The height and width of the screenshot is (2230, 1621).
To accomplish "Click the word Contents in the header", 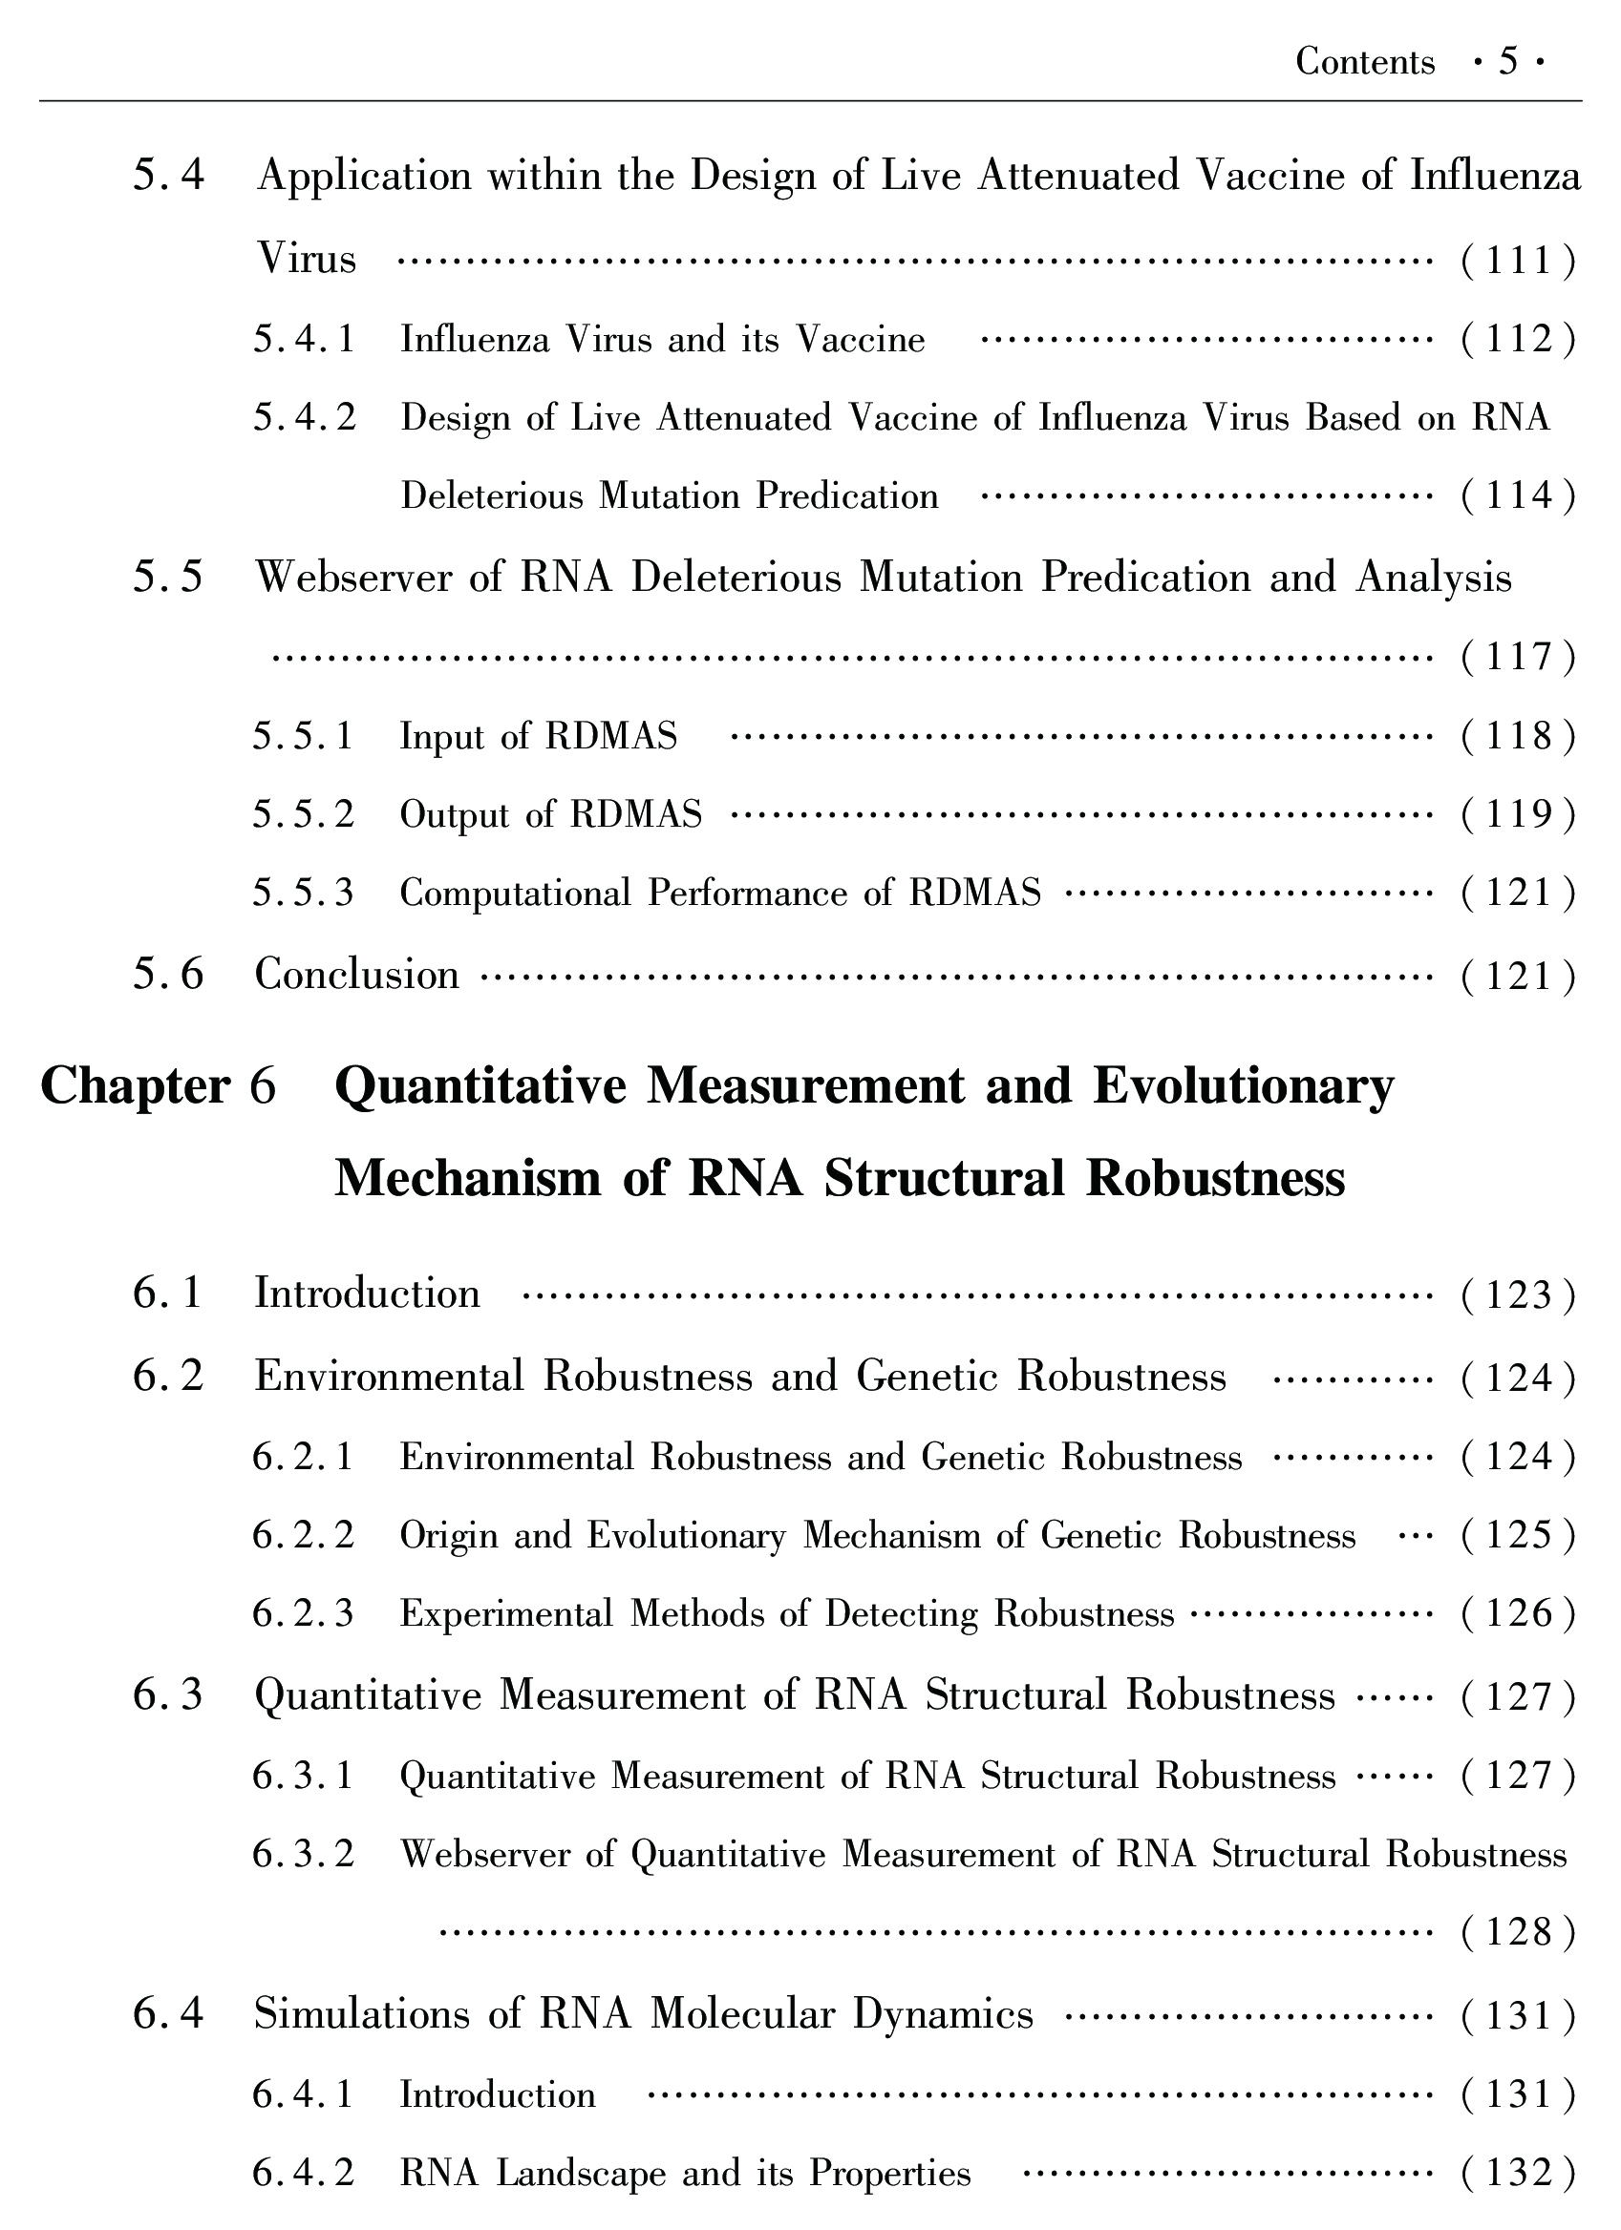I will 1364,62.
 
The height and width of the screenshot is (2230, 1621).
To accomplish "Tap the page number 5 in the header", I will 1508,62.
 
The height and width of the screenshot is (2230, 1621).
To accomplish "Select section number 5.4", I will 168,177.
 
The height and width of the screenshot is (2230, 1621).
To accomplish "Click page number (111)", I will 1519,261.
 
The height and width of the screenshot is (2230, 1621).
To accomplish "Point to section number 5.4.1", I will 303,340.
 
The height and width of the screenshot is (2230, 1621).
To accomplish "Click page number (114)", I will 1519,495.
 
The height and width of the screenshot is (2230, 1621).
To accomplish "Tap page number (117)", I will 1519,657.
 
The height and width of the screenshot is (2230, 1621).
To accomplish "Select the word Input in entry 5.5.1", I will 442,736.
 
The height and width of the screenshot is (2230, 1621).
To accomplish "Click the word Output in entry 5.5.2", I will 456,815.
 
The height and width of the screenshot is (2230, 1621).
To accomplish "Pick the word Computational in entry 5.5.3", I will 516,894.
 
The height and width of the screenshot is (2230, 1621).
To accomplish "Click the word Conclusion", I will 357,976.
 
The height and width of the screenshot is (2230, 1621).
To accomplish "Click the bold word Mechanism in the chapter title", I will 467,1178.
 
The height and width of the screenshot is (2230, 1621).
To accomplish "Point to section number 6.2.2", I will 303,1536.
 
